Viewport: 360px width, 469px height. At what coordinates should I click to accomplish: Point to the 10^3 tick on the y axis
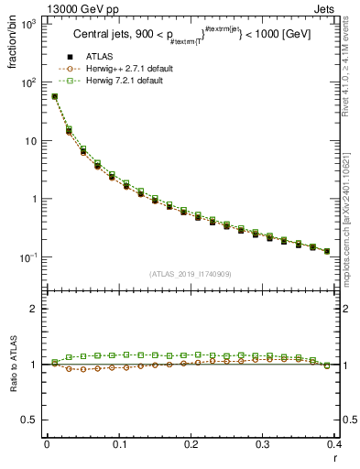point(31,24)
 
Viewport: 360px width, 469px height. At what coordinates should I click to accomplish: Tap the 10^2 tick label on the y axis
point(31,82)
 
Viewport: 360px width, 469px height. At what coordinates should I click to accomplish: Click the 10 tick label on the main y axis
point(34,141)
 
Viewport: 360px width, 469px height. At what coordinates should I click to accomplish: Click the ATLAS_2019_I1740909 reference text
point(190,274)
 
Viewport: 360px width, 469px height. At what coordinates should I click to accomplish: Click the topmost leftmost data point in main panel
point(54,96)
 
